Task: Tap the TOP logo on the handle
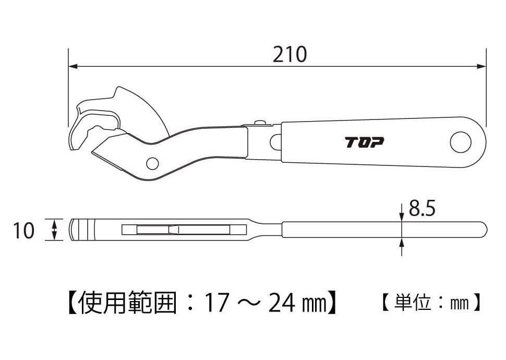(x=364, y=142)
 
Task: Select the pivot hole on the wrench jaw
(x=152, y=163)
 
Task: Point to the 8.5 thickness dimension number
(x=422, y=209)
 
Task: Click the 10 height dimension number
(x=23, y=230)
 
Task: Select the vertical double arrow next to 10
(x=54, y=230)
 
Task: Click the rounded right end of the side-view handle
(x=484, y=229)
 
